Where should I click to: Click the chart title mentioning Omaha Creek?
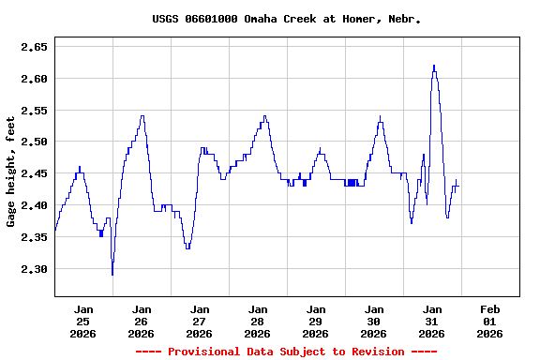286,19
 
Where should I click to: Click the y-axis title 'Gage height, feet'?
11,172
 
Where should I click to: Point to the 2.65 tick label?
35,46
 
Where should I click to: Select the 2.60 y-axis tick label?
35,79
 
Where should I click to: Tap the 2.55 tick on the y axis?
35,111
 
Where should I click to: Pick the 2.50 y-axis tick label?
35,142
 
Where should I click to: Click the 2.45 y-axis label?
35,173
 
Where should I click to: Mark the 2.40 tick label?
35,205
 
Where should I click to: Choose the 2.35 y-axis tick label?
35,237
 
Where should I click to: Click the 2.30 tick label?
35,269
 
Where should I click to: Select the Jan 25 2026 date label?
83,321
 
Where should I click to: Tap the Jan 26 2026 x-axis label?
142,321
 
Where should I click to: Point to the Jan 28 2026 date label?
257,321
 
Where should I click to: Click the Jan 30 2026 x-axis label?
373,321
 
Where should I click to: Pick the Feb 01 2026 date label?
489,321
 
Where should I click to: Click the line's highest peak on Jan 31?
434,66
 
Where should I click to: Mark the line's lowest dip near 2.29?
112,274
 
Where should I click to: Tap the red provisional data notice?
286,352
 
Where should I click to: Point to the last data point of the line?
458,187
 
